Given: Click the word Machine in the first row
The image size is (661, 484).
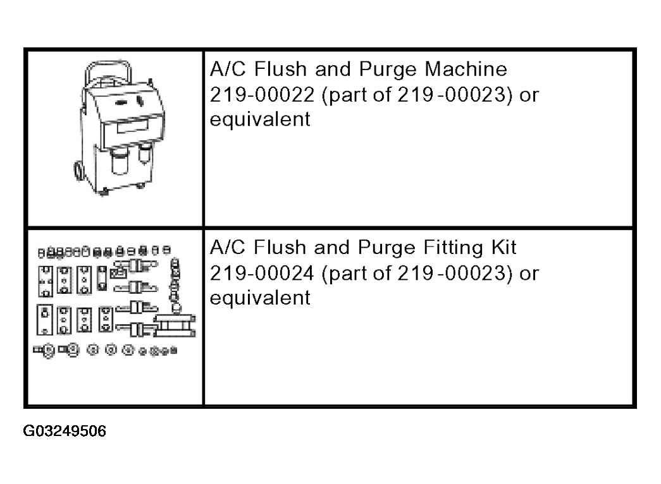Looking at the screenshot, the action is [466, 69].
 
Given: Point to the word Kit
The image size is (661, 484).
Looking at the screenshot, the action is [504, 247].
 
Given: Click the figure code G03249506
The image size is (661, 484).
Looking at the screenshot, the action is [65, 431].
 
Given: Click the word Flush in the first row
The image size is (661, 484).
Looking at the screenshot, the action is [280, 69].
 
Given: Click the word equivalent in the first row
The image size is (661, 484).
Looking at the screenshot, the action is [260, 119].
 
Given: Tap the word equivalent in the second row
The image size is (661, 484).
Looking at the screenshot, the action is [260, 298].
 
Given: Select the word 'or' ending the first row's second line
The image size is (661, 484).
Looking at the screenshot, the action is [529, 96].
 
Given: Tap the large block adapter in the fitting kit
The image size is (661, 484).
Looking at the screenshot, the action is [174, 325].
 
